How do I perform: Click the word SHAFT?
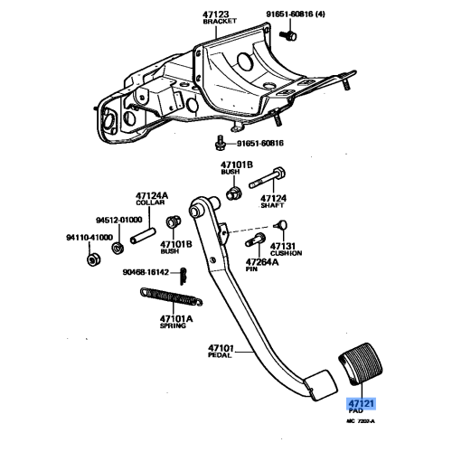coord(273,204)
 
